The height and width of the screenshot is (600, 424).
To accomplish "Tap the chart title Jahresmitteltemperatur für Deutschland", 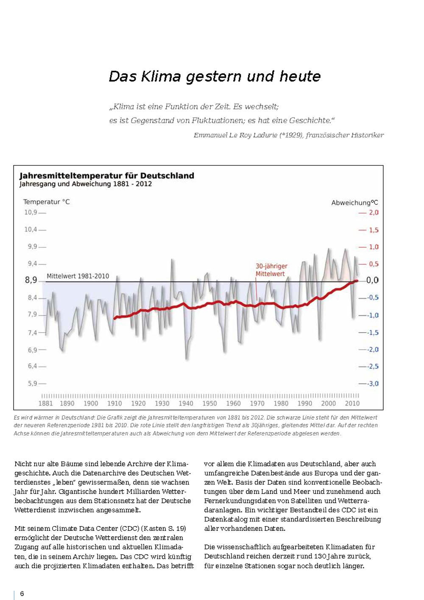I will coord(107,176).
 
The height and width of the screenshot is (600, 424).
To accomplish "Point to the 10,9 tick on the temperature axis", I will coord(31,212).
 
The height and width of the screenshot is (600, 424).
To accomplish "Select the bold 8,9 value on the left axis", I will coord(31,280).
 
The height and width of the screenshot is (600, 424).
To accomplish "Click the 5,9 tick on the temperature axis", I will coord(33,383).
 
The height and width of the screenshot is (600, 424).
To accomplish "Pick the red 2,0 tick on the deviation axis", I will coord(374,212).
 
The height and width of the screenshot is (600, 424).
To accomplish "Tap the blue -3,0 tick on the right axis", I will coord(373,384).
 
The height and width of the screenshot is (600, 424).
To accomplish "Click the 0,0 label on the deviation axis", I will coord(372,280).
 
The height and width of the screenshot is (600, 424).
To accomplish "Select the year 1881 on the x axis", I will coord(46,404).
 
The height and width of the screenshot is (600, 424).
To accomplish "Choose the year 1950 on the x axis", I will coord(209,404).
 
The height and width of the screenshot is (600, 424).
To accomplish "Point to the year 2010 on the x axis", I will coord(352,404).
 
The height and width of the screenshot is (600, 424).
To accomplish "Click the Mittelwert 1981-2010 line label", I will coord(78,276).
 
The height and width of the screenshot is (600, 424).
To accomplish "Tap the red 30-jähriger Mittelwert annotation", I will coord(271,270).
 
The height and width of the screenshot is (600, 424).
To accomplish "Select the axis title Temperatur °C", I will coord(46,202).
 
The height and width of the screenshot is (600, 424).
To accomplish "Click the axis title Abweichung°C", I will coord(354,203).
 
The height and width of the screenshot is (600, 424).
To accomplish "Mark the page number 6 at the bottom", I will coord(22,594).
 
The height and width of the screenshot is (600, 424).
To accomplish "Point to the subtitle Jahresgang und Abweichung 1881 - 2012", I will coord(86,184).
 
